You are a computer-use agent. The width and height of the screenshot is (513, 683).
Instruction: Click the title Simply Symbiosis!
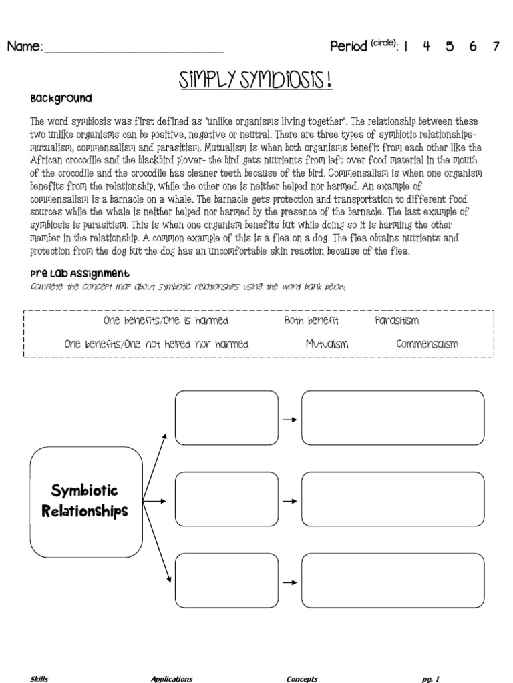point(255,81)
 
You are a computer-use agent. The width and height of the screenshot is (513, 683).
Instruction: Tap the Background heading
point(61,99)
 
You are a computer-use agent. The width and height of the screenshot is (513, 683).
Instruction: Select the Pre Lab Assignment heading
point(79,273)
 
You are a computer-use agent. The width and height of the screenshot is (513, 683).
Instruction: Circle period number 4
point(426,47)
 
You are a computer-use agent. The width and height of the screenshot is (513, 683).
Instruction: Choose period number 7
point(495,47)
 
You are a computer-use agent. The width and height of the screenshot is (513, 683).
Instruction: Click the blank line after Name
point(134,48)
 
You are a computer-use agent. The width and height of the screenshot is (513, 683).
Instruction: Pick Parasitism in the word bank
point(397,321)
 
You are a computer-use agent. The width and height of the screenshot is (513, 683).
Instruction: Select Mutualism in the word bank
point(327,345)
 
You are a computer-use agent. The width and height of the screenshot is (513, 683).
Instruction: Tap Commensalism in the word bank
point(427,345)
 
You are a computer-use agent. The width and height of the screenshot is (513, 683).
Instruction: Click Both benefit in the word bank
point(311,321)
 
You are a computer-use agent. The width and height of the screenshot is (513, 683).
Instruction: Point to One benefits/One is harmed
point(166,321)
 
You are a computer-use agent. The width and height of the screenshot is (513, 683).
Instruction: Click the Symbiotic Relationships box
point(85,502)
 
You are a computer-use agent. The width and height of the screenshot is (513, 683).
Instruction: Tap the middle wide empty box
point(393,500)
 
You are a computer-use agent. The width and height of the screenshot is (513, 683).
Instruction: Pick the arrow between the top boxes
point(289,420)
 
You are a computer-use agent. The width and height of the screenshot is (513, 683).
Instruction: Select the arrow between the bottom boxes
point(289,582)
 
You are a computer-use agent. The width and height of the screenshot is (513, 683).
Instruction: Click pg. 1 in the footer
point(430,679)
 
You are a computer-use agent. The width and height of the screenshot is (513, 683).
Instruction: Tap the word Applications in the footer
point(172,679)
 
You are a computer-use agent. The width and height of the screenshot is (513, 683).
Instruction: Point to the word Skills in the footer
point(39,679)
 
